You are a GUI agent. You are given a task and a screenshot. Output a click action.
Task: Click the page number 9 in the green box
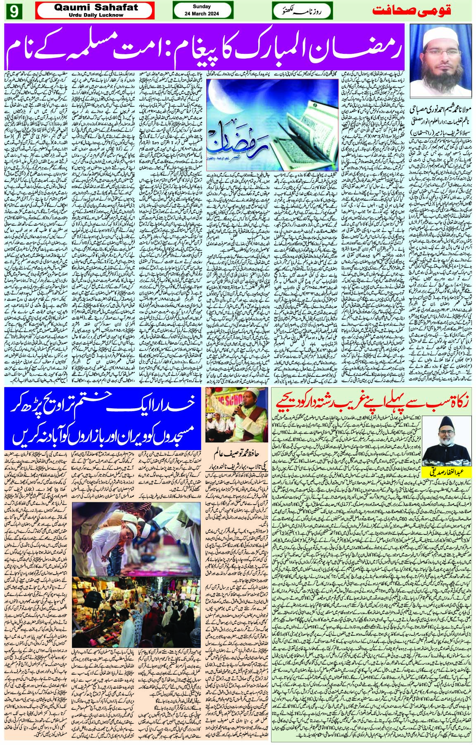tap(13, 11)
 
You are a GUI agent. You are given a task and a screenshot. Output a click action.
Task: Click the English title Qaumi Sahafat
tap(95, 7)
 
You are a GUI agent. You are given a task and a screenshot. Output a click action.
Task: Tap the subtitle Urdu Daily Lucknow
tap(95, 15)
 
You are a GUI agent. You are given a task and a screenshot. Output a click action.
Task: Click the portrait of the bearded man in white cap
tap(440, 60)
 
